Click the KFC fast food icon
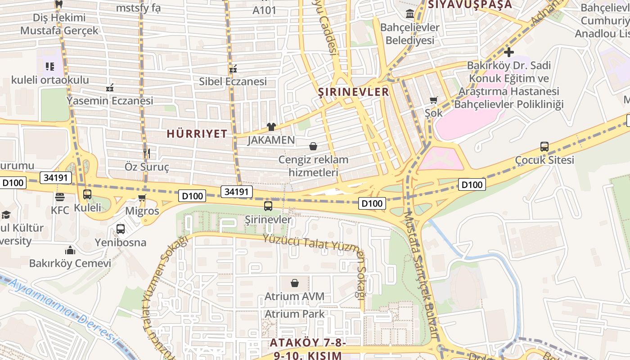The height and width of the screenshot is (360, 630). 59,197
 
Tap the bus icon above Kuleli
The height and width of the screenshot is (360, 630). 87,194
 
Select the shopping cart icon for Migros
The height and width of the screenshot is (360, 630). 142,198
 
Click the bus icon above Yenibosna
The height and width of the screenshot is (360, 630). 121,229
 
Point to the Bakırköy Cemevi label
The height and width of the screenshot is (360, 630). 70,263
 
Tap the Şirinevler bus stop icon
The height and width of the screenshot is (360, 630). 268,206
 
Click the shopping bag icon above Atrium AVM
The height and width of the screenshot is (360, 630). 295,283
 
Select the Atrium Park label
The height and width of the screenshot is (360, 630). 294,314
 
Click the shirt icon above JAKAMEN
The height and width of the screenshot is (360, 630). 271,127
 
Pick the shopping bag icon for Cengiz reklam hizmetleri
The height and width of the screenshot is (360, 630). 313,146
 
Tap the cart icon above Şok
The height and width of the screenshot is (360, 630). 434,100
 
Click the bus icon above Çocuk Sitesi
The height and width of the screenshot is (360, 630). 544,146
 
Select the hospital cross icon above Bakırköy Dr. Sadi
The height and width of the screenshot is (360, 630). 509,52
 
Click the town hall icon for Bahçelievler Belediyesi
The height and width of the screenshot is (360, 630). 410,14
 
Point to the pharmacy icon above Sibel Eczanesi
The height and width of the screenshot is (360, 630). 233,69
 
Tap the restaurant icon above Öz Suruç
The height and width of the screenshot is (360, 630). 146,153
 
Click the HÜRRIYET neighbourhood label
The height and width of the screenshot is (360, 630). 197,134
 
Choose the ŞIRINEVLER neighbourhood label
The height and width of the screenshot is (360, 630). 353,92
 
